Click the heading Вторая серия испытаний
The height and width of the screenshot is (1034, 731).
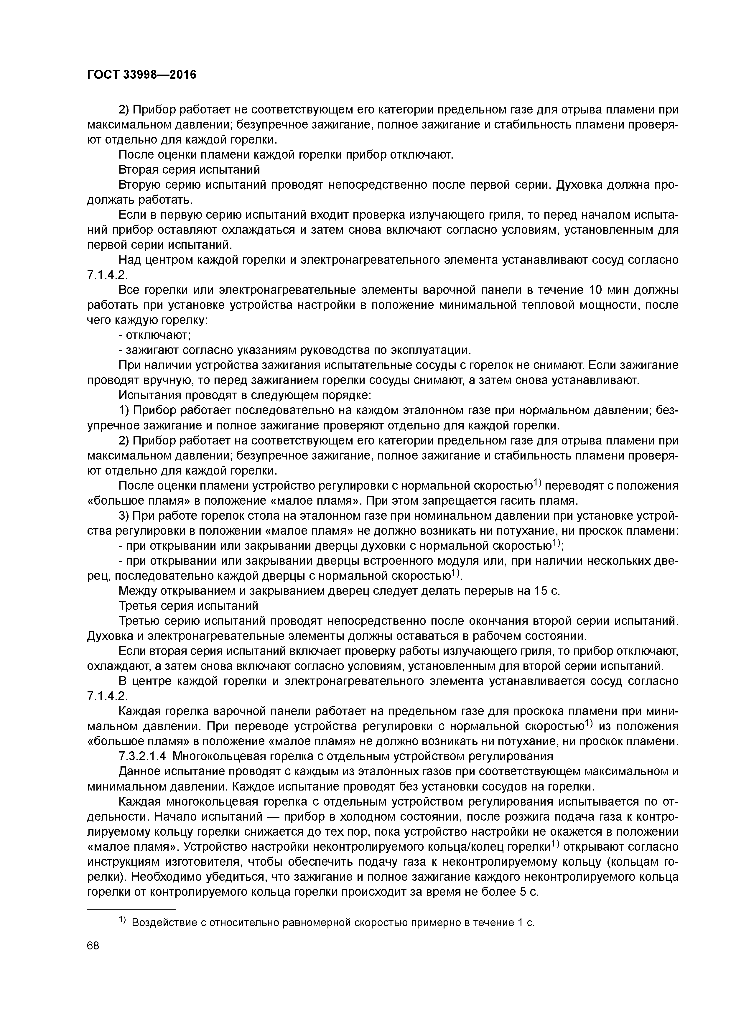[x=189, y=170]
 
